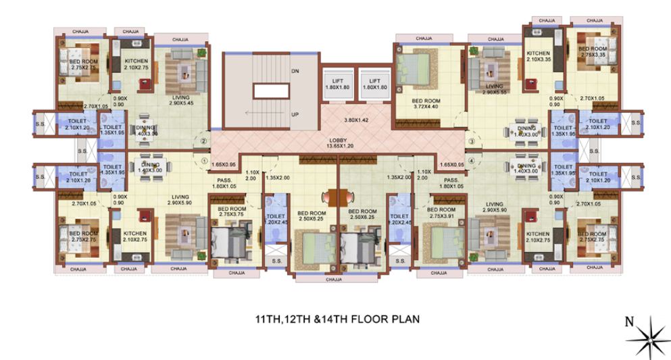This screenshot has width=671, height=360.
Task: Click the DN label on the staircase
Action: coord(295,70)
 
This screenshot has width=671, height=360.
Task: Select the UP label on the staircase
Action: coord(295,114)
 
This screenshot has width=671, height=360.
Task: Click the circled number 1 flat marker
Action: coord(203,161)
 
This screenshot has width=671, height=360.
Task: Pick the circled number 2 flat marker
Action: coord(201,142)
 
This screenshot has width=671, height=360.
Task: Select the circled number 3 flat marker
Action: coord(472,142)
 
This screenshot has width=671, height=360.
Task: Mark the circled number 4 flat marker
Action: coord(472,161)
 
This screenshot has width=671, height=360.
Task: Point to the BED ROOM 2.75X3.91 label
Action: coord(443,213)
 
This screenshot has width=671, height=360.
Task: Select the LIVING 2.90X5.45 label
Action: coord(180,101)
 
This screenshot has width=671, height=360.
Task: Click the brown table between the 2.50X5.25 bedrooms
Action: coord(336,197)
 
